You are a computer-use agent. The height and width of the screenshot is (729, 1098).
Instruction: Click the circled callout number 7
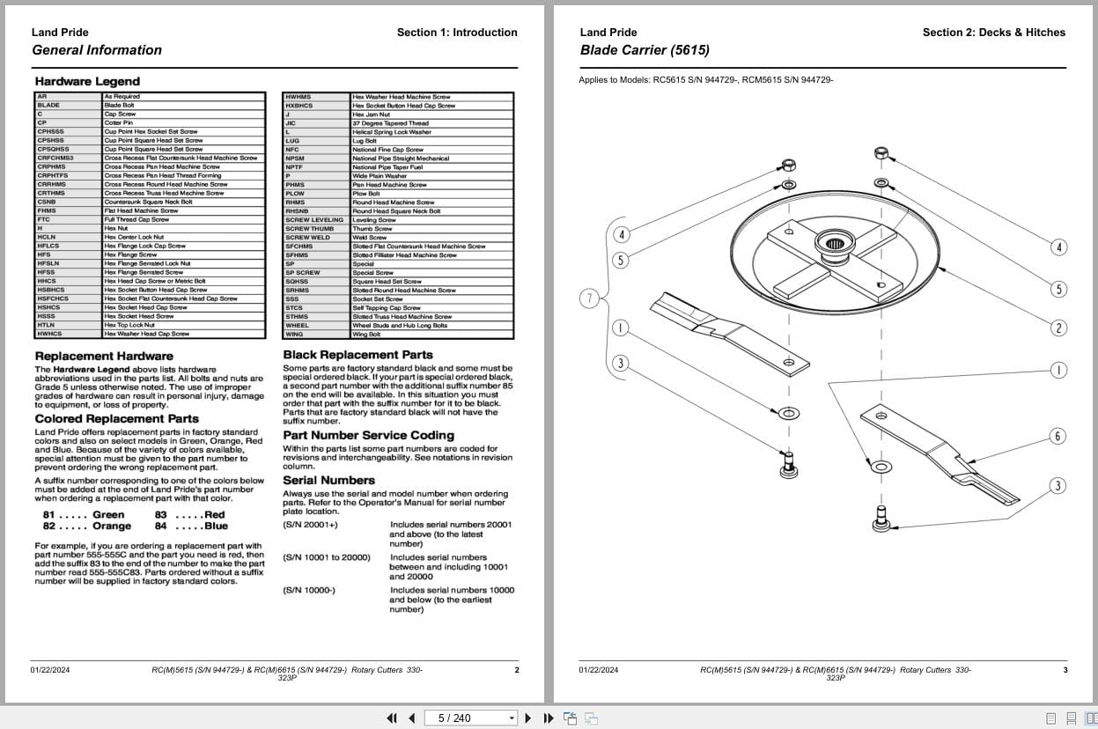point(590,298)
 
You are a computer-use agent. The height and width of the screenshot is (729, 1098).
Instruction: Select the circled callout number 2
point(1058,328)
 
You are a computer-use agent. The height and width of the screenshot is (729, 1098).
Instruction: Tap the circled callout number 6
point(1058,436)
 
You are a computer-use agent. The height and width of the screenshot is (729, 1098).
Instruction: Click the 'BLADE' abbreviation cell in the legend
point(49,106)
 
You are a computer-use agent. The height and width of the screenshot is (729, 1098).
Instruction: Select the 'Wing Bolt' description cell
point(366,335)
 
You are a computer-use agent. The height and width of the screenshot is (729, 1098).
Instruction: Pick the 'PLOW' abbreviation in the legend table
point(295,194)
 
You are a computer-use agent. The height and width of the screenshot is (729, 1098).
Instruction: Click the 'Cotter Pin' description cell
point(119,123)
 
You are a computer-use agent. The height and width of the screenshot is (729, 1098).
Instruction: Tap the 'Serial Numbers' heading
point(328,480)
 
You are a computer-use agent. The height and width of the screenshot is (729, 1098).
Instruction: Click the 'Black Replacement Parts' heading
point(357,355)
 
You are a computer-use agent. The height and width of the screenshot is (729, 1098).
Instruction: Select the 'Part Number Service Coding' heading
point(368,435)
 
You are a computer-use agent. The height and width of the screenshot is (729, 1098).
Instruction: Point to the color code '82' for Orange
point(49,526)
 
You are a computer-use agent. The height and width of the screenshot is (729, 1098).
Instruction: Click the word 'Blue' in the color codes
point(216,526)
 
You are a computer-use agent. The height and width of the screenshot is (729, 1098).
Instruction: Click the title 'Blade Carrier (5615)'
point(645,50)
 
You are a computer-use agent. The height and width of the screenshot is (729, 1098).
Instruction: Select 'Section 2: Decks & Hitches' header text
point(993,33)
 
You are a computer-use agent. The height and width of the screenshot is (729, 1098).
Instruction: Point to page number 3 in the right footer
point(1065,670)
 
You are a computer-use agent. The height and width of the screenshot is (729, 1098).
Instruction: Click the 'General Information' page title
point(97,50)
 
